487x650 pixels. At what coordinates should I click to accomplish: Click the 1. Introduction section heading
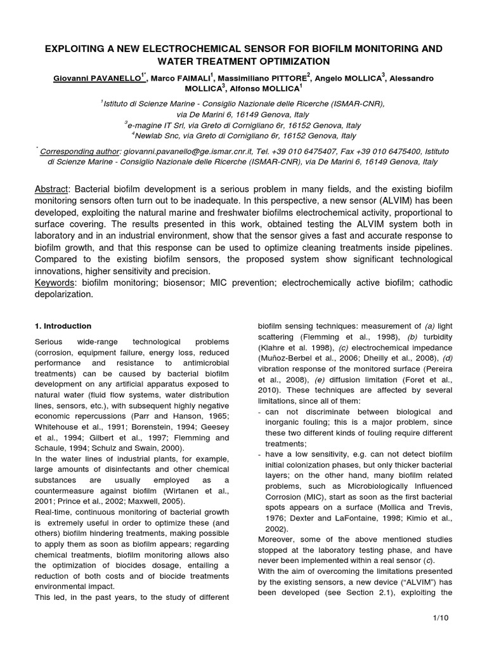(x=62, y=326)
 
